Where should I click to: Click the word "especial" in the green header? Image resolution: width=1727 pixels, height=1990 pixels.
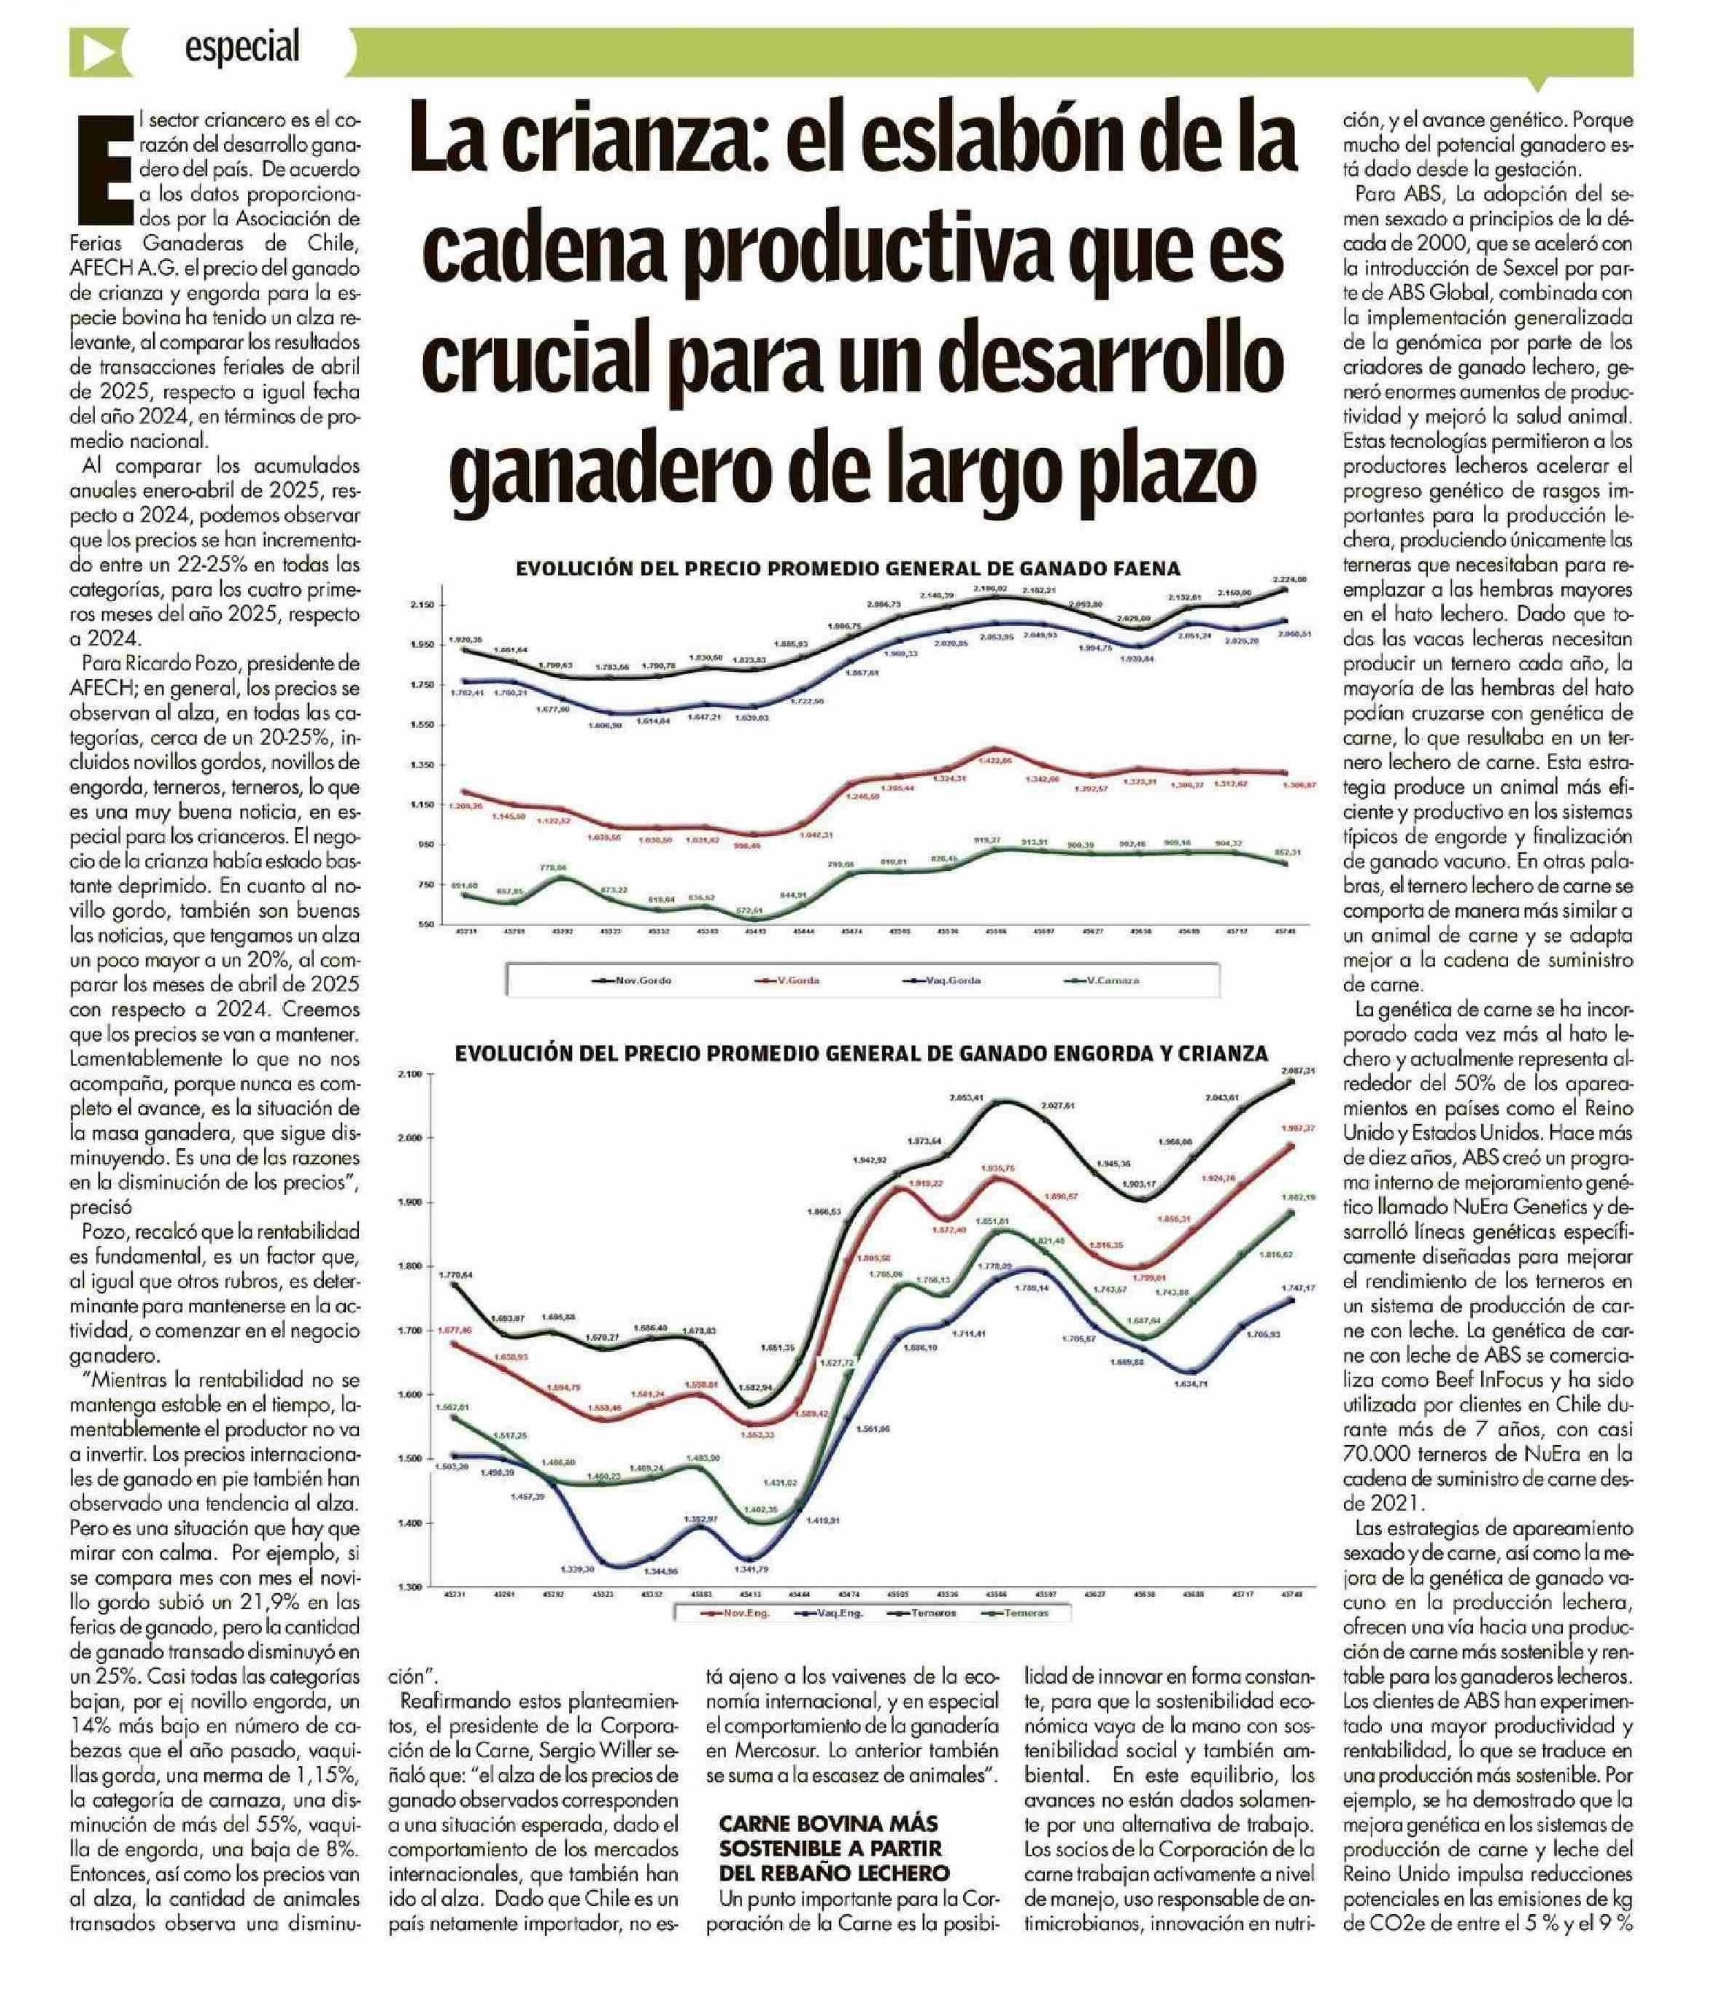click(x=243, y=46)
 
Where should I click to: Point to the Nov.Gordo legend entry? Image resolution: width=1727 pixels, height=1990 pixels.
click(x=634, y=980)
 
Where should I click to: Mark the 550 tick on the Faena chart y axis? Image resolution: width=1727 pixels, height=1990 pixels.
click(x=425, y=924)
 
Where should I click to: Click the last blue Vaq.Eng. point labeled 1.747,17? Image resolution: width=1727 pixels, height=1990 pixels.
click(x=1291, y=1300)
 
